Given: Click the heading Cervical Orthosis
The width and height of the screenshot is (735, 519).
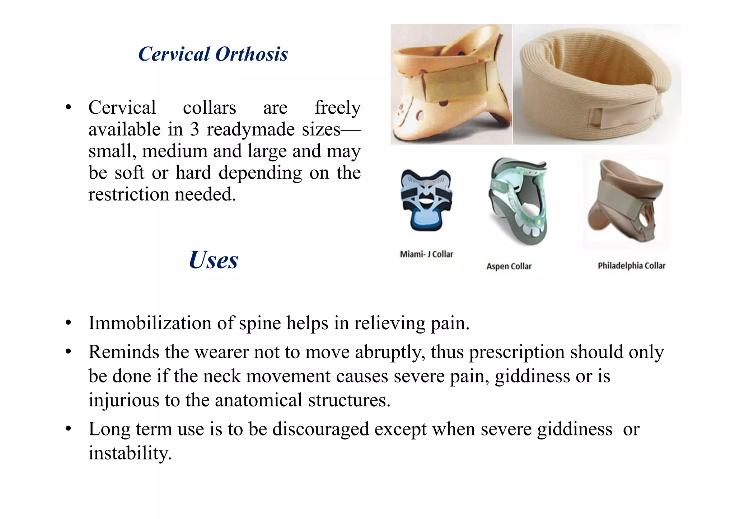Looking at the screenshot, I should tap(213, 55).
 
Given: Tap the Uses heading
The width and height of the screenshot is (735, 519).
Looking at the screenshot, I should tap(213, 260).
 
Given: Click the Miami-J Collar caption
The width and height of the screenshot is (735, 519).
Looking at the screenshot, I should tap(426, 254).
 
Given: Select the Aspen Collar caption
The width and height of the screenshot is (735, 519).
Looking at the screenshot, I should tap(509, 266).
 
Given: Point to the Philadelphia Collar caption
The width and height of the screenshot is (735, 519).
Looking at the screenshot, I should tap(631, 266).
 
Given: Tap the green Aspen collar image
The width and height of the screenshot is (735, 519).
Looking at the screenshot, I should tap(518, 201).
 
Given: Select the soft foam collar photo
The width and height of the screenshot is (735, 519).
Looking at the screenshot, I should tap(596, 85).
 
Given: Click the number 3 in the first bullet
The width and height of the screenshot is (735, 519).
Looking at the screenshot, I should tap(195, 129).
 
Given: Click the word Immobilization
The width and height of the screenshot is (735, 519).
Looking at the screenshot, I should tap(150, 323).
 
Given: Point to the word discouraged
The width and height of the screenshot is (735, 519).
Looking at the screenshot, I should tap(320, 429).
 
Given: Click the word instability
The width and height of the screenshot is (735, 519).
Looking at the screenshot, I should tap(130, 453).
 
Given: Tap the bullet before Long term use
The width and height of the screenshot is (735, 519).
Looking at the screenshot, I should tap(69, 429).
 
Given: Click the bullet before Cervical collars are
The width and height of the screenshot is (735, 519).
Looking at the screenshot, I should tap(69, 108).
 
